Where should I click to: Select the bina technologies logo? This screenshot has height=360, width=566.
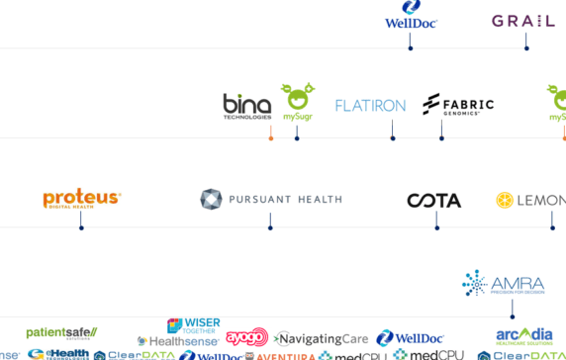click(x=246, y=105)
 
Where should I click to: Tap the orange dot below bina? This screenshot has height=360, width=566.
click(x=271, y=137)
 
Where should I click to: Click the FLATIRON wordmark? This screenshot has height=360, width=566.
click(x=370, y=105)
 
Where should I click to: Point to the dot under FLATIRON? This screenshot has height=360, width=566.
click(x=393, y=137)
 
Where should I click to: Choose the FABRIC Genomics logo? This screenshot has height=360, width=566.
click(x=457, y=105)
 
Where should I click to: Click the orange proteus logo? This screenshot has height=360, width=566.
click(x=81, y=200)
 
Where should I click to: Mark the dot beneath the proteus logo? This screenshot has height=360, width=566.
click(x=81, y=228)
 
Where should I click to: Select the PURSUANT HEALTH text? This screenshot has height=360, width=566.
click(x=285, y=200)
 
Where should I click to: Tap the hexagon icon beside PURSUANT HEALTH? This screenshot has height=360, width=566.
click(x=211, y=200)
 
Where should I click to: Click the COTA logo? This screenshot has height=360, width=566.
click(x=433, y=201)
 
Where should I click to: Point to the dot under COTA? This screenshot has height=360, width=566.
click(x=436, y=228)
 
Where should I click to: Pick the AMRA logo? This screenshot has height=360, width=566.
click(x=503, y=285)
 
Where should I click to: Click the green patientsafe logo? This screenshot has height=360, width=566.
click(x=61, y=332)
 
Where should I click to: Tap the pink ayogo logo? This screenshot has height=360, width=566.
click(x=246, y=337)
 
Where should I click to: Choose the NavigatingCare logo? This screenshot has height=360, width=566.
click(x=322, y=338)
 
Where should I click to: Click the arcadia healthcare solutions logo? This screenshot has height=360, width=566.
click(x=524, y=335)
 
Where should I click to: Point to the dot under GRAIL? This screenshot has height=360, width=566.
click(x=526, y=47)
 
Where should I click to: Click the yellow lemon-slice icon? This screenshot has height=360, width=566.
click(x=505, y=200)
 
